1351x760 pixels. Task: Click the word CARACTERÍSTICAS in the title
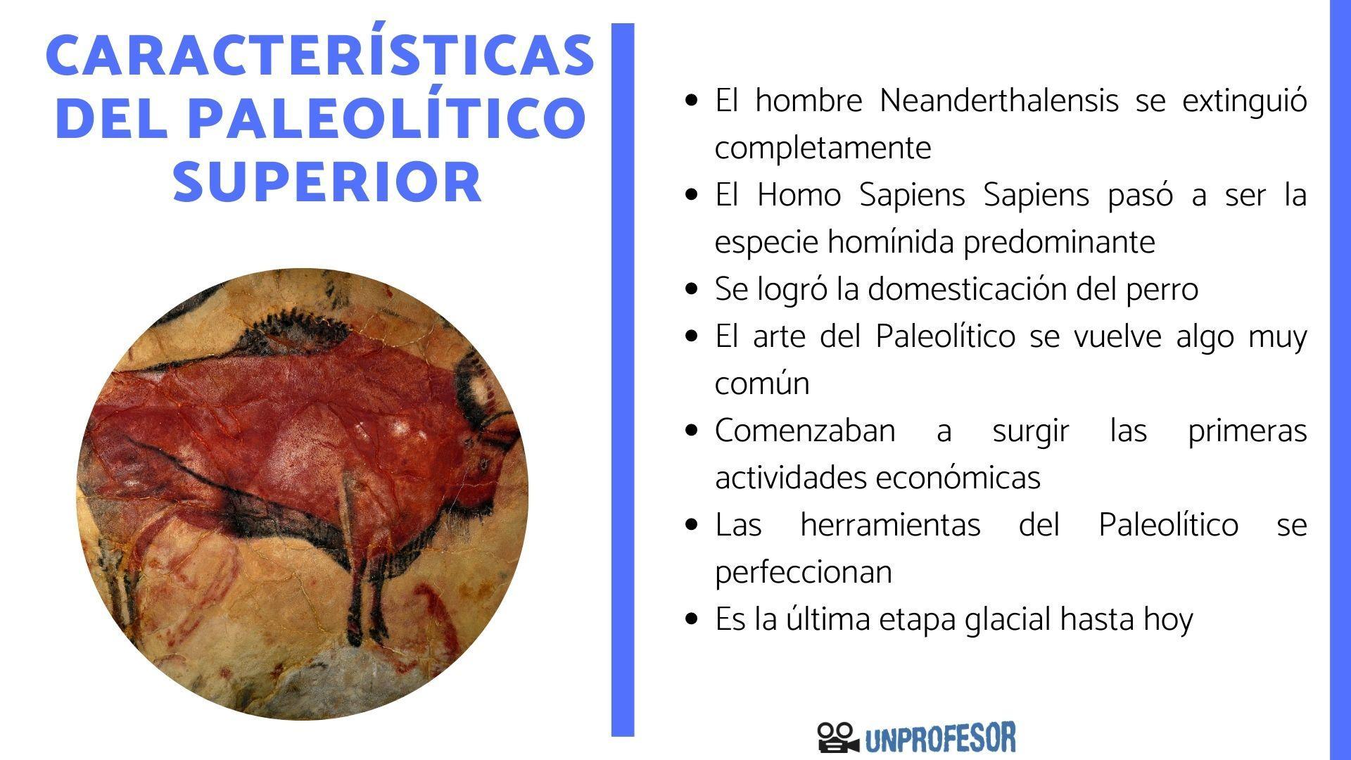click(320, 56)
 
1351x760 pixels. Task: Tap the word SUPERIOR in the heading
click(328, 182)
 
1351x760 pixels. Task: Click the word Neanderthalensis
click(998, 101)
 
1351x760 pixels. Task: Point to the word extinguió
click(1244, 101)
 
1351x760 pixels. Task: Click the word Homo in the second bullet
click(799, 195)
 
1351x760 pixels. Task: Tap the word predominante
click(1059, 242)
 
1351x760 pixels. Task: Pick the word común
click(762, 384)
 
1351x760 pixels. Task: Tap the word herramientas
click(890, 525)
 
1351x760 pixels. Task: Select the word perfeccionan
click(804, 572)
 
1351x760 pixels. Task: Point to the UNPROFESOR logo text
click(940, 738)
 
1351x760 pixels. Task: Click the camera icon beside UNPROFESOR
click(837, 737)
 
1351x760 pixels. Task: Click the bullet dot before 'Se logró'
click(693, 289)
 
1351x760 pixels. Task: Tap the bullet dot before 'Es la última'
click(693, 619)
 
